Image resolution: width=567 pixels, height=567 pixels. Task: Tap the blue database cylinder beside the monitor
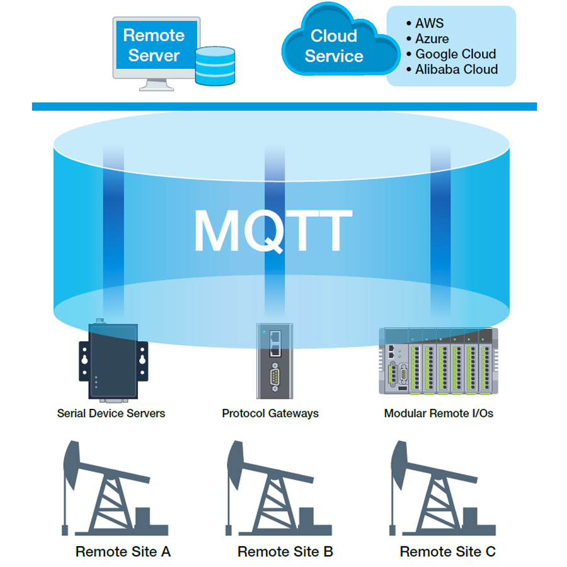215,66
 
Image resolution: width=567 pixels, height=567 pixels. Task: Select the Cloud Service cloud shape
340,42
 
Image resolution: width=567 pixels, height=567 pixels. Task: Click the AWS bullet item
425,23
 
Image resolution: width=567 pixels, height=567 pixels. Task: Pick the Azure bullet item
427,38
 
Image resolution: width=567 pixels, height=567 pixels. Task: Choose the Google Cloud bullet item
451,54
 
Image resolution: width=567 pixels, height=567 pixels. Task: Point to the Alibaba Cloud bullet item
452,69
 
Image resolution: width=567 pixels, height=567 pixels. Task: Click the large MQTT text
273,230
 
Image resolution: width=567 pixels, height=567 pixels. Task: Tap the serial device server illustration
113,360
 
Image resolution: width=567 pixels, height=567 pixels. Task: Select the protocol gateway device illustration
275,361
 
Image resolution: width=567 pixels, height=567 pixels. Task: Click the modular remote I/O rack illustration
438,361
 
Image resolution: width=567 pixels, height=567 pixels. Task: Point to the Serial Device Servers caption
111,413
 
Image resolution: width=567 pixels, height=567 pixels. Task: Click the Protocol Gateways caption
270,413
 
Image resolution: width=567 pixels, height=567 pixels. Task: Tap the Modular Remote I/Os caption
438,413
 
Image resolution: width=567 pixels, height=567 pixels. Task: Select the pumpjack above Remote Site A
115,488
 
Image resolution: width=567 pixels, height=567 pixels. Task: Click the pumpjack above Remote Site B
278,488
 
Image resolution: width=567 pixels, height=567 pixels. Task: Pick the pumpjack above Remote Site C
443,488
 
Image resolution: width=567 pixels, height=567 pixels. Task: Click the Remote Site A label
123,552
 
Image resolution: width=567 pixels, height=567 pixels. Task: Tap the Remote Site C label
448,552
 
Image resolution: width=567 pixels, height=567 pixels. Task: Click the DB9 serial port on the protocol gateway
275,378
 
